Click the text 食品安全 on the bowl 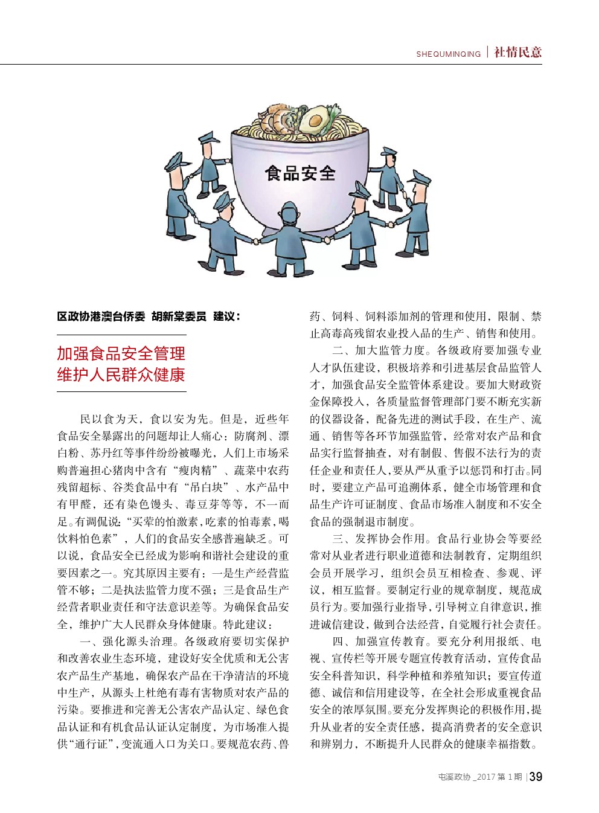tap(300, 174)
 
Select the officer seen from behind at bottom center tap(290, 239)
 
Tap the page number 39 tap(535, 777)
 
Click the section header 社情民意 tap(517, 53)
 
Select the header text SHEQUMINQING tap(448, 54)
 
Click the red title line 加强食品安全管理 tap(121, 353)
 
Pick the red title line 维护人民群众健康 tap(121, 374)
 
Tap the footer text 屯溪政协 tap(454, 777)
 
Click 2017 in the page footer tap(486, 777)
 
